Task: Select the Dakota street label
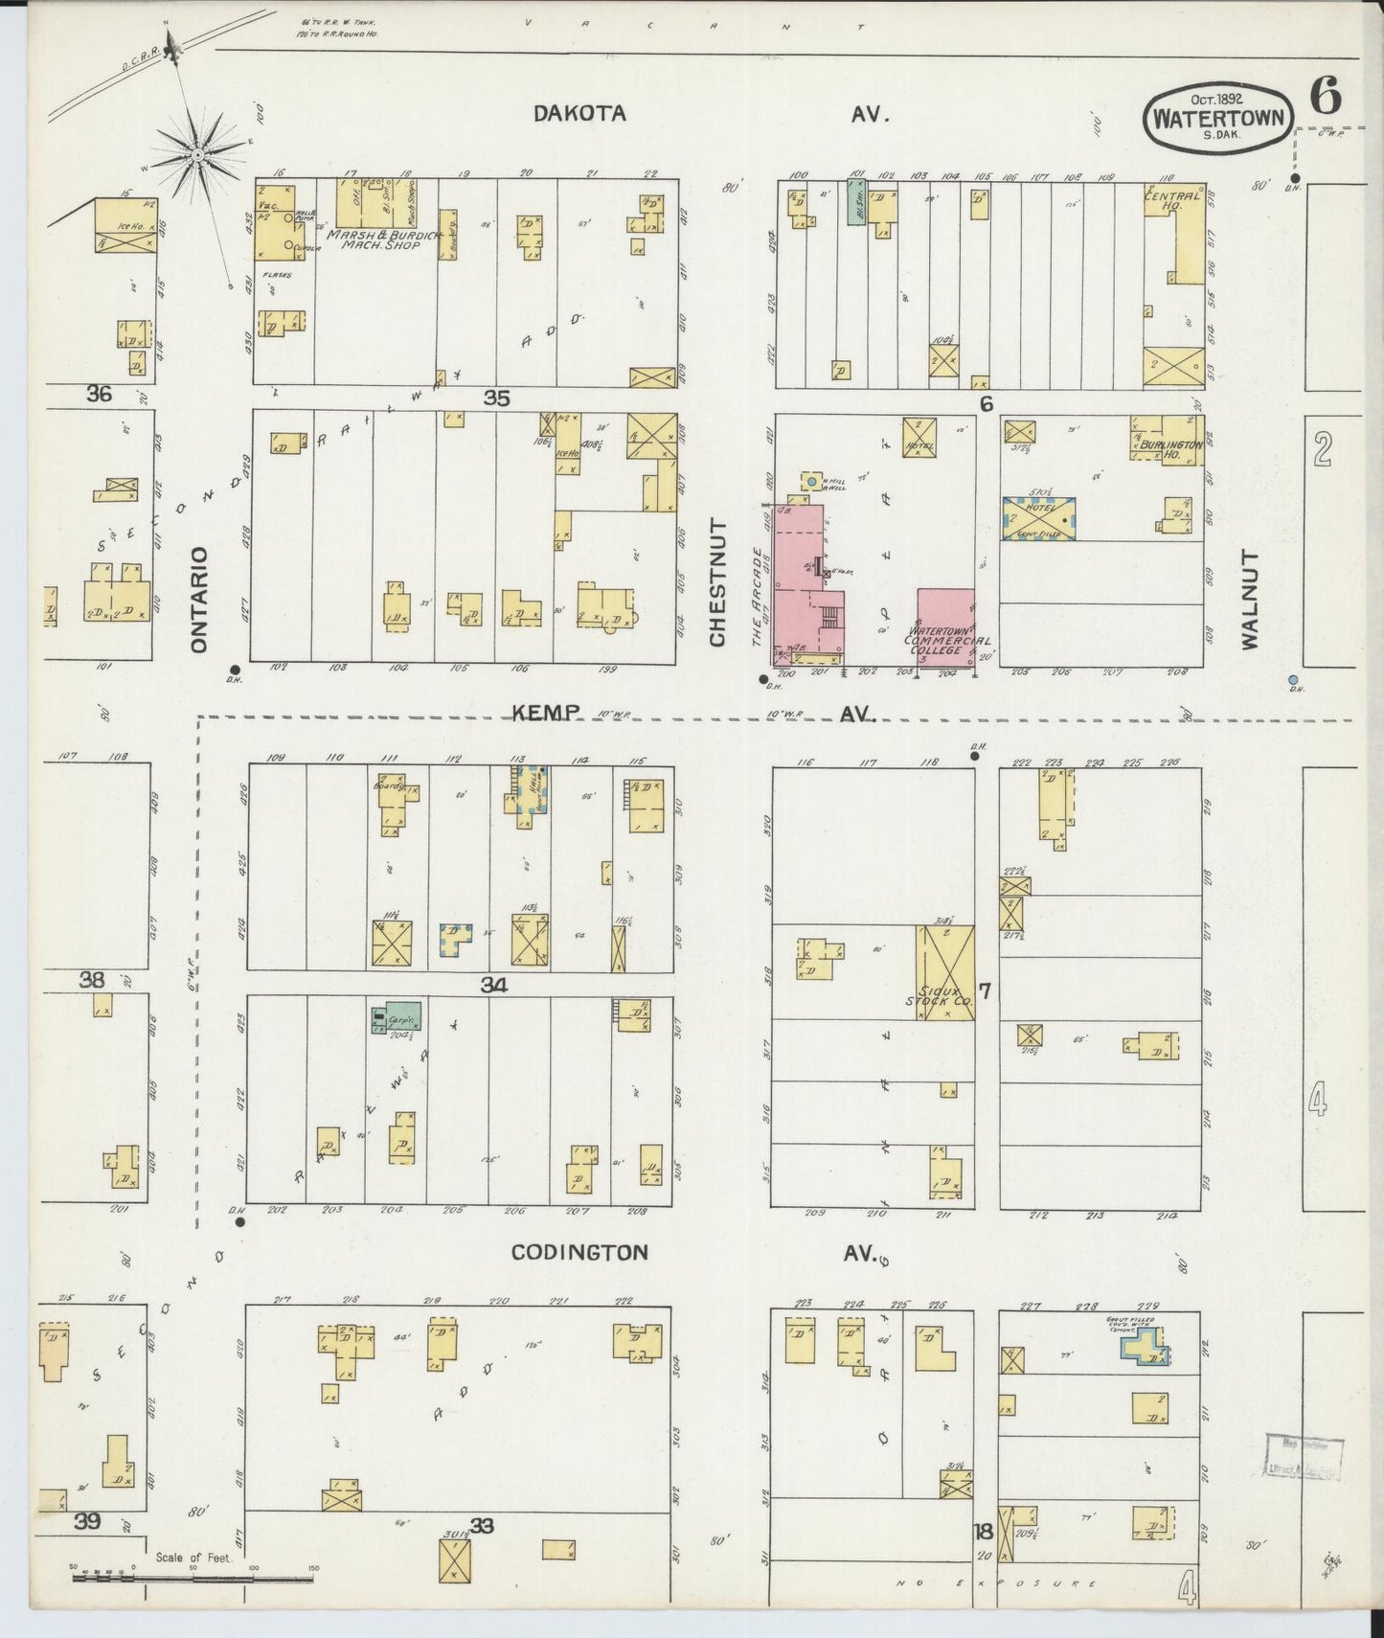(x=579, y=113)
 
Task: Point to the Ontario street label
(x=199, y=600)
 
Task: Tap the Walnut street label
(x=1250, y=600)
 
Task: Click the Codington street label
(x=579, y=1252)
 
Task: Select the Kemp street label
(x=545, y=712)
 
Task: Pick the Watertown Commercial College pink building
(x=945, y=626)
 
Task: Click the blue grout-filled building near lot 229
(x=1145, y=1348)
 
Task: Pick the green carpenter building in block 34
(x=398, y=1018)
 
